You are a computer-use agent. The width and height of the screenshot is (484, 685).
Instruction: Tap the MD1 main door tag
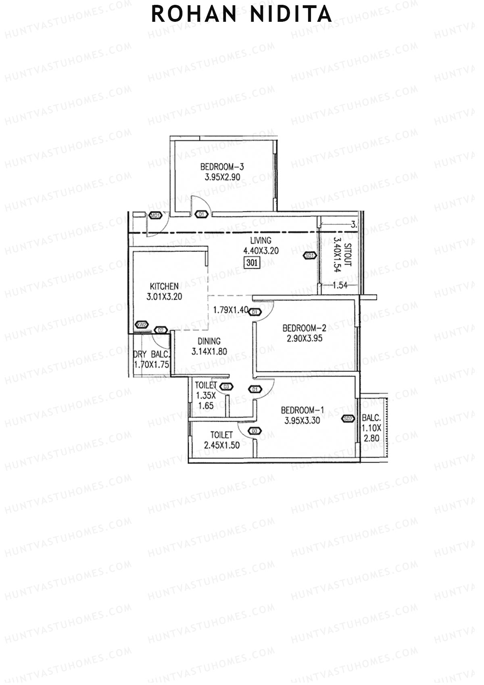pyautogui.click(x=155, y=216)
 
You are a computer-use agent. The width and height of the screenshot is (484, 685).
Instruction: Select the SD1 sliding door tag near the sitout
pyautogui.click(x=309, y=255)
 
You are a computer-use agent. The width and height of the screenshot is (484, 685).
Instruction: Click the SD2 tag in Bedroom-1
pyautogui.click(x=348, y=419)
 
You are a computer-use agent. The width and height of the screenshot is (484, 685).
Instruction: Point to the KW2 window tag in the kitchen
pyautogui.click(x=142, y=325)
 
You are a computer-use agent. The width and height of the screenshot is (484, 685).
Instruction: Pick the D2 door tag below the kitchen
pyautogui.click(x=161, y=330)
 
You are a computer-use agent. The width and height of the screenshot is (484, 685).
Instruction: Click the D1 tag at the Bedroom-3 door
pyautogui.click(x=202, y=214)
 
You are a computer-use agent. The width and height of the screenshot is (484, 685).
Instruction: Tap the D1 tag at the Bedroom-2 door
pyautogui.click(x=255, y=312)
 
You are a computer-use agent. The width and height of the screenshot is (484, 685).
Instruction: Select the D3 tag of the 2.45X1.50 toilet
pyautogui.click(x=254, y=431)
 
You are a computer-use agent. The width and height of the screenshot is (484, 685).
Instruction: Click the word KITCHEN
pyautogui.click(x=164, y=286)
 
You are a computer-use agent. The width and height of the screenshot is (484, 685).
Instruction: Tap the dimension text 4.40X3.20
pyautogui.click(x=261, y=251)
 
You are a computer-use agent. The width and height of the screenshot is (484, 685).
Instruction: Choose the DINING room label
pyautogui.click(x=209, y=341)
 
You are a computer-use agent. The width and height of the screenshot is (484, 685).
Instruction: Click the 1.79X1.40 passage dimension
pyautogui.click(x=231, y=310)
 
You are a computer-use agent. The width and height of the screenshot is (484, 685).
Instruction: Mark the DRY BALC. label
pyautogui.click(x=152, y=355)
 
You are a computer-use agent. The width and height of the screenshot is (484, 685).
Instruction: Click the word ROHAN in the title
pyautogui.click(x=194, y=14)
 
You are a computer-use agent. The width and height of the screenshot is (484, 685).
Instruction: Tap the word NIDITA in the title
pyautogui.click(x=291, y=14)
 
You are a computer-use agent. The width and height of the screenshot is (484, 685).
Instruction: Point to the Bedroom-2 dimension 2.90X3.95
pyautogui.click(x=305, y=338)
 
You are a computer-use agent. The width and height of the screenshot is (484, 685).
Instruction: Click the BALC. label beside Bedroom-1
pyautogui.click(x=371, y=418)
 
